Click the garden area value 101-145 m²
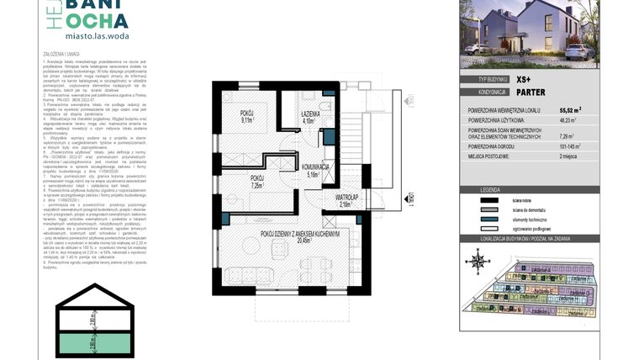[573, 146]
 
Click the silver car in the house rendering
[581, 53]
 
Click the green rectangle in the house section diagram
[98, 341]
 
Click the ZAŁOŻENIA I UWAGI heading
[61, 54]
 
